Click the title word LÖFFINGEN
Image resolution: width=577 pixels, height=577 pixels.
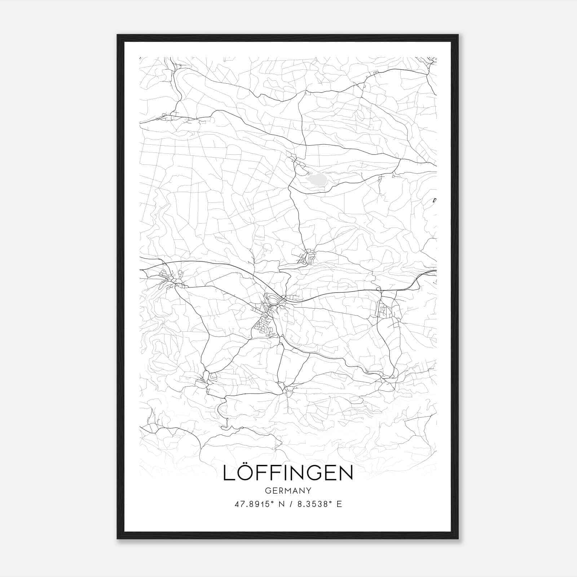(x=288, y=473)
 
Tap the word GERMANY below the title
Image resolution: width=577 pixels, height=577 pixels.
(x=288, y=491)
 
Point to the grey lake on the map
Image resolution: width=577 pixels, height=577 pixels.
(x=316, y=179)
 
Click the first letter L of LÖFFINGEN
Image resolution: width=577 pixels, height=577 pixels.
(x=228, y=474)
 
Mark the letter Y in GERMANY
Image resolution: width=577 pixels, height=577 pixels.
(x=309, y=491)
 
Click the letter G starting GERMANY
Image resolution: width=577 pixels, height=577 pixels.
(x=267, y=491)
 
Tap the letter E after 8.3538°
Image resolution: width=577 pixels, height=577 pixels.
(x=339, y=504)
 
